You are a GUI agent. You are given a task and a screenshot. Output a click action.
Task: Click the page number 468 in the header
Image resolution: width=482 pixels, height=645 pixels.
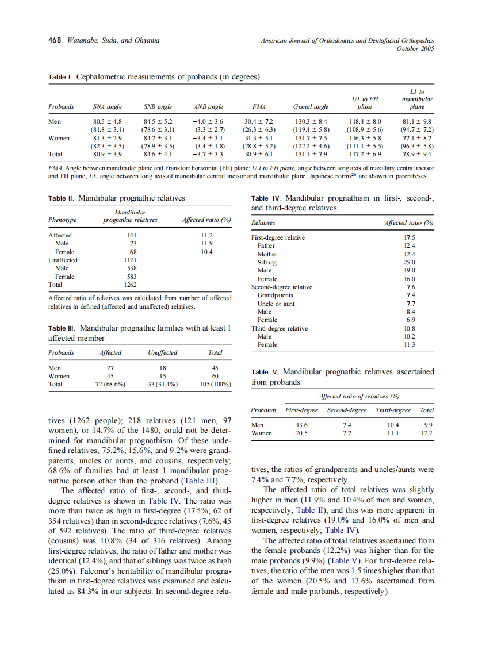coord(55,40)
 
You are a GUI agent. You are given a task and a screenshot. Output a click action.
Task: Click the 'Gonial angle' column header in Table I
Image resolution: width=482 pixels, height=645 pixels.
coord(311,107)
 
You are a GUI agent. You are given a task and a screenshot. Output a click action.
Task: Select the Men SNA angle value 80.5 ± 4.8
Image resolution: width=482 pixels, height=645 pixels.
coord(108,122)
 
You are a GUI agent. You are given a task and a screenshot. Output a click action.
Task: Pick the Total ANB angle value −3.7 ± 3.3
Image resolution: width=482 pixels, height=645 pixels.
coord(208,154)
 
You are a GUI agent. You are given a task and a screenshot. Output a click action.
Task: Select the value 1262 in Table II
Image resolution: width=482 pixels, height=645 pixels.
coord(131,284)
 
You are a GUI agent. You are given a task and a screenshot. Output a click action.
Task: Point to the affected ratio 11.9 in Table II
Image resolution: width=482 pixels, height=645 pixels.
coord(206,243)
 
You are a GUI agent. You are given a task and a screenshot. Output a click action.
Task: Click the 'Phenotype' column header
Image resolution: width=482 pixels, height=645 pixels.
coord(62,220)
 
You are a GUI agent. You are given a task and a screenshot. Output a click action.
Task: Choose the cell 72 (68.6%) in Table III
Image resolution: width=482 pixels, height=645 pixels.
coord(110,384)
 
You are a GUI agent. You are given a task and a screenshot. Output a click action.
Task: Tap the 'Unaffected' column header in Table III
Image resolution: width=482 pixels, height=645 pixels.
coord(162,352)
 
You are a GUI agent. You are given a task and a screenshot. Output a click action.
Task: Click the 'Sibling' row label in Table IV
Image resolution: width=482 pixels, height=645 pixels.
coord(267,262)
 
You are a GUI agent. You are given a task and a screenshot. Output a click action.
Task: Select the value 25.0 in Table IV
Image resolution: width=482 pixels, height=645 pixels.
coord(410,262)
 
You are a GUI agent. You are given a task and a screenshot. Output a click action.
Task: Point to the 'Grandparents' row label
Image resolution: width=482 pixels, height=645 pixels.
coord(276,295)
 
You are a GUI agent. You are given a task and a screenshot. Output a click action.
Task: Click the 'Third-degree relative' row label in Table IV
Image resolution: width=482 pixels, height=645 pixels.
coord(280,328)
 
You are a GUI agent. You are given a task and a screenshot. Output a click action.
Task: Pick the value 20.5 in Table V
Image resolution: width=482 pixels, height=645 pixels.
coord(301,433)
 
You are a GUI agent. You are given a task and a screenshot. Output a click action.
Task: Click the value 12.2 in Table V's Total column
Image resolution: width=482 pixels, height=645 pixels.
coord(427,433)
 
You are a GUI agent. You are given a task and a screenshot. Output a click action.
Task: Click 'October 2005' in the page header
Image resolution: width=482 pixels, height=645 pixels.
coord(415,48)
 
